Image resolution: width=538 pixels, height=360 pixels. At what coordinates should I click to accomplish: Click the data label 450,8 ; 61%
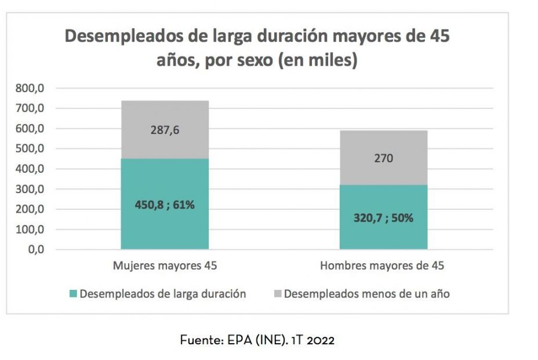click(x=165, y=205)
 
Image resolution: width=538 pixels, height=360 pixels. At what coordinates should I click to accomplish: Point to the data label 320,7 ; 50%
click(x=383, y=218)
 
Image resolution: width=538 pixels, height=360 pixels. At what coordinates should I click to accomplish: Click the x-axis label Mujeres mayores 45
click(x=165, y=266)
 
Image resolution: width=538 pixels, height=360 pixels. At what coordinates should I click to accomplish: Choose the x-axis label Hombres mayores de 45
click(x=382, y=266)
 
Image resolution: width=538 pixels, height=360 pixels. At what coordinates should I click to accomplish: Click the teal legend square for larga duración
click(x=72, y=294)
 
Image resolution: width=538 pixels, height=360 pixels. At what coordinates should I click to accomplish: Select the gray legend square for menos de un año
click(x=277, y=294)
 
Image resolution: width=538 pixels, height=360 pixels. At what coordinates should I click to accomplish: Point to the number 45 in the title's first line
click(x=438, y=37)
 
